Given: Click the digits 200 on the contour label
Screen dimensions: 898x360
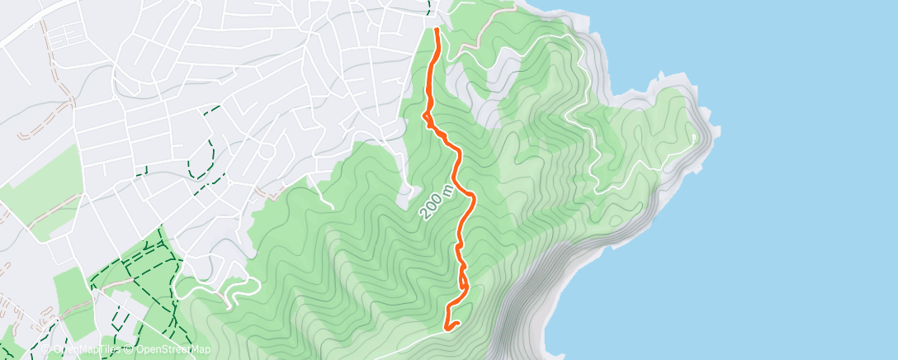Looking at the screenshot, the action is coord(432,206).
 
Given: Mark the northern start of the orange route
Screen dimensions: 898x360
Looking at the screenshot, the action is coord(436,30).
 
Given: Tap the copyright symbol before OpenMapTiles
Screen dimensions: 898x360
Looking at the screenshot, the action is coord(46,350).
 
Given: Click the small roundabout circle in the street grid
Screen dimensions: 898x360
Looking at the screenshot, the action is coord(267,152).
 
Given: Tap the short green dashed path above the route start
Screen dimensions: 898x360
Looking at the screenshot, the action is coord(430,7).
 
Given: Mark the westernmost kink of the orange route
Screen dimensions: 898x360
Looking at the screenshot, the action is coord(425,116).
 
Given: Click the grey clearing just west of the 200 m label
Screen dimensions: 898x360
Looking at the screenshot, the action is coord(405,194).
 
